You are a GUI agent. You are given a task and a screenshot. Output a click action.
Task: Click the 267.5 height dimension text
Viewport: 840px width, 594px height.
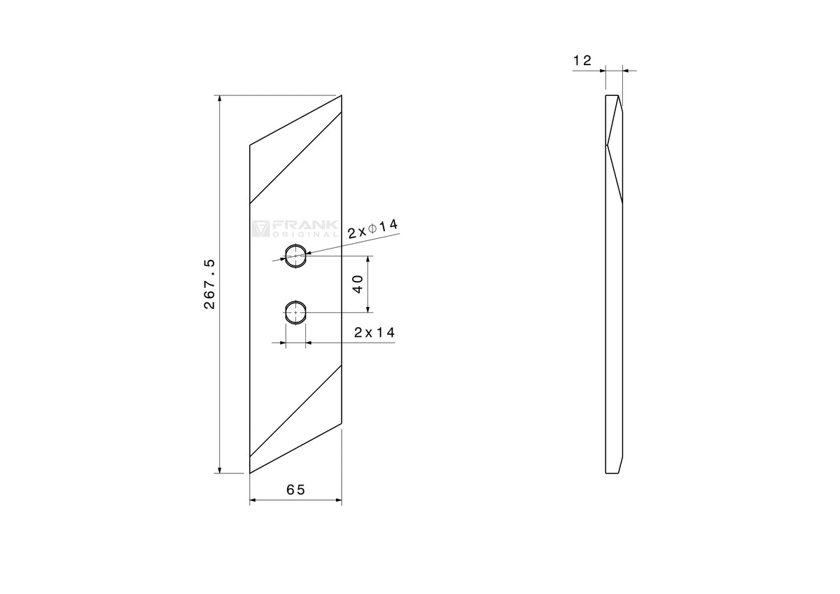point(209,284)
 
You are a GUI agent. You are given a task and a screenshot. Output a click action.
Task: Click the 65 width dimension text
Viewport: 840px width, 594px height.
point(296,490)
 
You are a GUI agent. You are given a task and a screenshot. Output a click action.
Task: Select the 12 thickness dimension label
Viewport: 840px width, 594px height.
point(582,60)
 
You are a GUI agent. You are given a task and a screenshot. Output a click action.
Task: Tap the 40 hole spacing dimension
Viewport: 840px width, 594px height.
point(358,284)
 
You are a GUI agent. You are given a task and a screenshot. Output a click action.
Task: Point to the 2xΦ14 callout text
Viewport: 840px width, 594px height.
point(372,229)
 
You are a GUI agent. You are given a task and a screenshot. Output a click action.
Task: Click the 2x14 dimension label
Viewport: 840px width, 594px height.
point(374,333)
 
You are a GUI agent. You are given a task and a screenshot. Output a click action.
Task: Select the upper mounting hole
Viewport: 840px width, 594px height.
point(296,256)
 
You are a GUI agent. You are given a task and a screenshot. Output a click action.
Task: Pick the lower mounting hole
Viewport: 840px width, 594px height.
point(296,312)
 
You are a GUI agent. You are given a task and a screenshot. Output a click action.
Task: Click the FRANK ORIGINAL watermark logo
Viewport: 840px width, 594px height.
point(295,228)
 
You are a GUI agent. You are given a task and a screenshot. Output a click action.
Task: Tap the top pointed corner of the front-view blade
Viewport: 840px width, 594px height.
point(342,95)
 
